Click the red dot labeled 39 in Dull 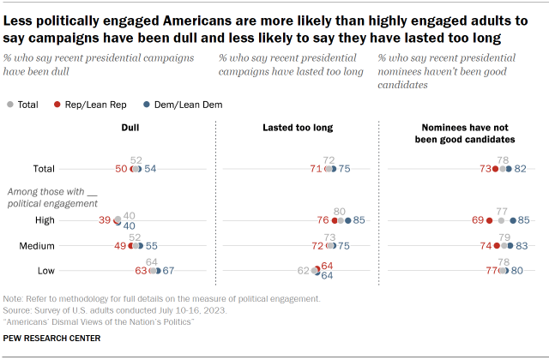click(x=117, y=220)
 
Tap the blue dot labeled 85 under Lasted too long click(x=347, y=220)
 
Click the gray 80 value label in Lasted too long click(x=339, y=211)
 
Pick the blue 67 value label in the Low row click(x=169, y=271)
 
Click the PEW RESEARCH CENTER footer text click(x=51, y=339)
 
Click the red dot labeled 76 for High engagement click(x=331, y=220)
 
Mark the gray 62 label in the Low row click(x=304, y=271)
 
